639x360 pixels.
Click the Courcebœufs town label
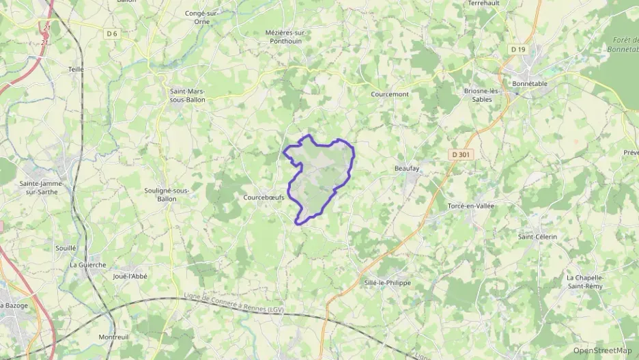point(264,198)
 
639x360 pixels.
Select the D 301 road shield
point(461,155)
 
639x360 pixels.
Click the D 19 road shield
point(518,49)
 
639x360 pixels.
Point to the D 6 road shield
point(112,33)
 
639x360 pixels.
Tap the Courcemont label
point(389,94)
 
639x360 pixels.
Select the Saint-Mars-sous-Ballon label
point(186,95)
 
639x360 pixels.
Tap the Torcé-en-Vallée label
point(470,206)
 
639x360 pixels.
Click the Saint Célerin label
point(538,236)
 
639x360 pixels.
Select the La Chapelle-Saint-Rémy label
point(586,281)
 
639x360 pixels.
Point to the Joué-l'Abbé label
point(130,276)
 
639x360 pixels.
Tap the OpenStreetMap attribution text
point(603,350)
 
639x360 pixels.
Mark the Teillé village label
point(75,70)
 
